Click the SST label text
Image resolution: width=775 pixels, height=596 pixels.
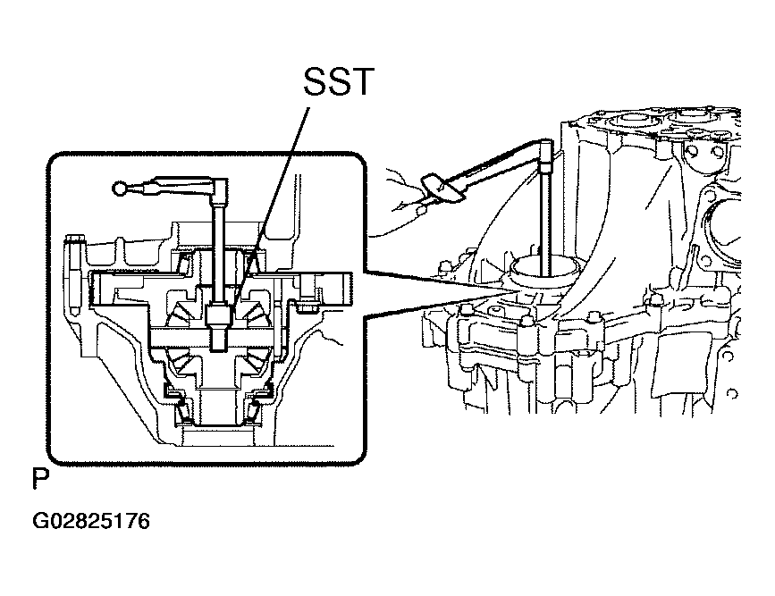[x=339, y=81]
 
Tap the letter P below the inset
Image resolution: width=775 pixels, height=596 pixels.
[x=41, y=478]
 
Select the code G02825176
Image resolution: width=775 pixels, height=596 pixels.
[x=91, y=521]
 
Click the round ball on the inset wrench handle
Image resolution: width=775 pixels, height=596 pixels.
[x=119, y=189]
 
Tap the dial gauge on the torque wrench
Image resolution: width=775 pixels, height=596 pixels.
[x=442, y=189]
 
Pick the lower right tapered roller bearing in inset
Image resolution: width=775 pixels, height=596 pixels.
[x=255, y=410]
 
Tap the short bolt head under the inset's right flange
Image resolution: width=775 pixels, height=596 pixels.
[x=305, y=308]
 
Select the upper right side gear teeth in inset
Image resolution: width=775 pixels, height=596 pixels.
[x=255, y=309]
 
